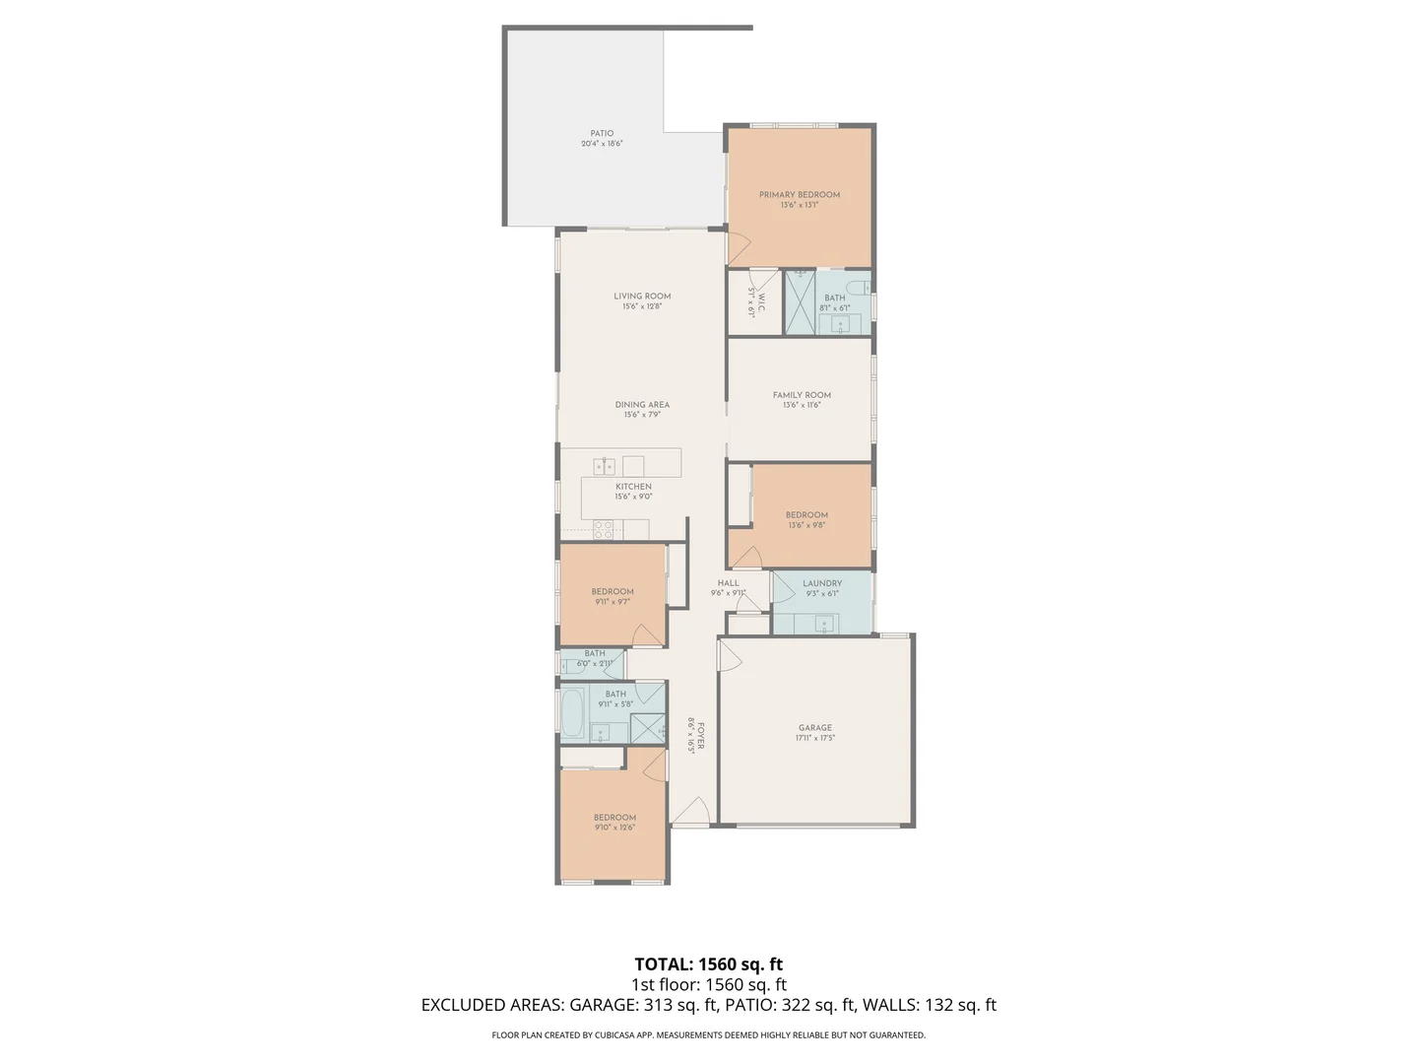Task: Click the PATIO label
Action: click(602, 134)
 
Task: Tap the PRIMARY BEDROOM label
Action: click(799, 195)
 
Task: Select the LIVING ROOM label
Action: click(642, 296)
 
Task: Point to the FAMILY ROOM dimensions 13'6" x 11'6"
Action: click(802, 405)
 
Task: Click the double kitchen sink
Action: click(604, 466)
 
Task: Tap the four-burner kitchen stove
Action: click(603, 530)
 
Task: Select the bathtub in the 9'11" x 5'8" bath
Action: click(572, 712)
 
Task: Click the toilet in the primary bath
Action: click(862, 288)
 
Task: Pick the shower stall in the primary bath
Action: click(799, 301)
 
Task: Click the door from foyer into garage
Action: click(730, 656)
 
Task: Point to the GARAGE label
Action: click(814, 728)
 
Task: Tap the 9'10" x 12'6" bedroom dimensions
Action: click(614, 828)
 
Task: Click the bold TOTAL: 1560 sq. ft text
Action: click(708, 964)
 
